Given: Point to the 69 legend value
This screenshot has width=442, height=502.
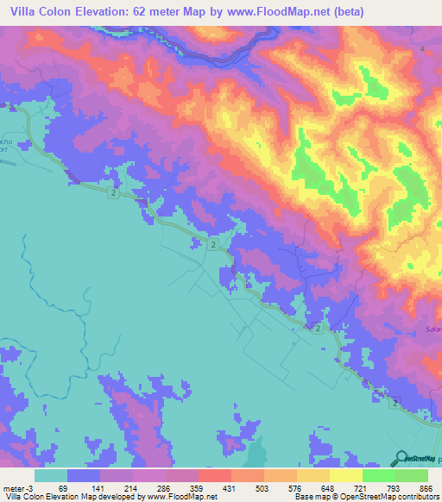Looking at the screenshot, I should (62, 487).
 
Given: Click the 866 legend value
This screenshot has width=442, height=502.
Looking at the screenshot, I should (424, 487).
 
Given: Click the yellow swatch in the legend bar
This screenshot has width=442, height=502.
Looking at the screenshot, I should (346, 475).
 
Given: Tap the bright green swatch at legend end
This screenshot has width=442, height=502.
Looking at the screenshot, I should (412, 475).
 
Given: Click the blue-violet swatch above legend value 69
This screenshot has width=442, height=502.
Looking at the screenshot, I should (84, 475).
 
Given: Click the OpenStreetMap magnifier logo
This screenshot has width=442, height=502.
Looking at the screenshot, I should (401, 457).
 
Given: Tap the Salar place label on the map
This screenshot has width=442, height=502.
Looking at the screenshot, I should (433, 329).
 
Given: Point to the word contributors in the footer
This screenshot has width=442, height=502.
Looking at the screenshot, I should (412, 497).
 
